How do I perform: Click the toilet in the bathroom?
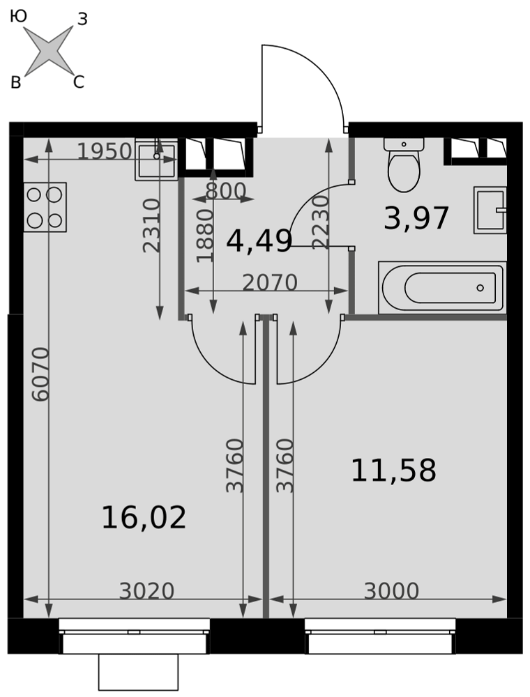(404, 164)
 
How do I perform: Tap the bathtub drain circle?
(480, 288)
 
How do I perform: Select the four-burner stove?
(45, 207)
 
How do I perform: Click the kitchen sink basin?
(156, 159)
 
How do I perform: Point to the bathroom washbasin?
(490, 210)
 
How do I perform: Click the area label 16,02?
(144, 518)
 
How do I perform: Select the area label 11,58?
(393, 470)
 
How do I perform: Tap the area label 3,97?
(416, 219)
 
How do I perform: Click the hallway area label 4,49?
(259, 243)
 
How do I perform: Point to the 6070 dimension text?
(41, 374)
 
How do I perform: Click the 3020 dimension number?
(146, 591)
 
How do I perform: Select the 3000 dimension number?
(391, 591)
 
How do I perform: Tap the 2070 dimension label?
(270, 283)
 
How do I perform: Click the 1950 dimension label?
(105, 151)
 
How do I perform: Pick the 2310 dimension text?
(151, 225)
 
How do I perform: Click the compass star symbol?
(48, 51)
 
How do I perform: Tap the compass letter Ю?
(18, 17)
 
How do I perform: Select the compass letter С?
(79, 82)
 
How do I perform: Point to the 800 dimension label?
(227, 191)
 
